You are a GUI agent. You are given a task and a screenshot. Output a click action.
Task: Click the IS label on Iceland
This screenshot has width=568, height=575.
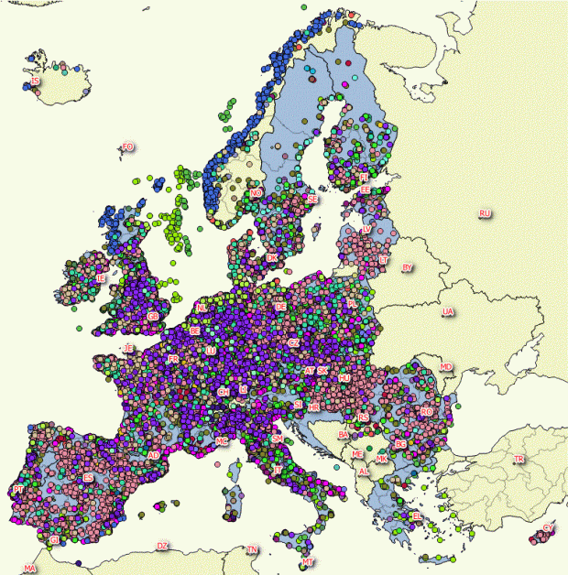(x=35, y=81)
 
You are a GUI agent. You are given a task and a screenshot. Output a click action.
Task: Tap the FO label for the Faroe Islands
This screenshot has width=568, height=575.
(x=127, y=146)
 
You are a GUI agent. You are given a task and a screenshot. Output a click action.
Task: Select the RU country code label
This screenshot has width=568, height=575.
(x=485, y=214)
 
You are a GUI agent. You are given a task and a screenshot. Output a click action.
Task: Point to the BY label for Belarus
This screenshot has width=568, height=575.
(x=408, y=267)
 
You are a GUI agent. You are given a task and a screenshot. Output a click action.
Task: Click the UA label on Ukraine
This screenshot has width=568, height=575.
(x=447, y=312)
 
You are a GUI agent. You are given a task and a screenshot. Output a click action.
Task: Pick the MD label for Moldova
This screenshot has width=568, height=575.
(x=446, y=367)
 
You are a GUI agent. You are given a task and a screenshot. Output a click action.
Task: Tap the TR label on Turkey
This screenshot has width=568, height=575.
(x=519, y=459)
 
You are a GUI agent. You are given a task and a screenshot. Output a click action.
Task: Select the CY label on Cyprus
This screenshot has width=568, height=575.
(x=548, y=528)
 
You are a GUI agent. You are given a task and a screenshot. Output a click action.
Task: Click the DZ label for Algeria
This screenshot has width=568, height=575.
(x=162, y=547)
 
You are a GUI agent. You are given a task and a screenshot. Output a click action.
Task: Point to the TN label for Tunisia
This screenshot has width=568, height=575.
(x=252, y=550)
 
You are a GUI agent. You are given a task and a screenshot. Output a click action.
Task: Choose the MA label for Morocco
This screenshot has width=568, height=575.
(x=30, y=569)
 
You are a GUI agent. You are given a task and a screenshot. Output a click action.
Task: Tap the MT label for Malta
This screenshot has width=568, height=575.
(x=309, y=561)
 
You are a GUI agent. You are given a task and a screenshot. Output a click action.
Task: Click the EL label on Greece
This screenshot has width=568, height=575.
(x=418, y=516)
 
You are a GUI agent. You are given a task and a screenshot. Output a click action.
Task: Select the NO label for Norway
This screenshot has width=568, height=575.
(x=256, y=193)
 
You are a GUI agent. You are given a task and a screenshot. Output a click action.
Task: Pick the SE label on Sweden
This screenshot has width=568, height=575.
(x=312, y=198)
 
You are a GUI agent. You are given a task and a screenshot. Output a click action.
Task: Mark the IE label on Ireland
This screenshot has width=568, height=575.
(x=101, y=277)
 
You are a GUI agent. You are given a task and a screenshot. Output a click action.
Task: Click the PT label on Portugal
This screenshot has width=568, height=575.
(x=18, y=491)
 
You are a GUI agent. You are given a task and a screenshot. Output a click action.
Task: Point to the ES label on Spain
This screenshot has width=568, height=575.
(x=88, y=478)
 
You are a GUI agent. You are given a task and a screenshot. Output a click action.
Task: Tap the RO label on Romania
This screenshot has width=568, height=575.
(x=426, y=413)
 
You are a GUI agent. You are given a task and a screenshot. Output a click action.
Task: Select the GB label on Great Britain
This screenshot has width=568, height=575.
(x=153, y=317)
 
